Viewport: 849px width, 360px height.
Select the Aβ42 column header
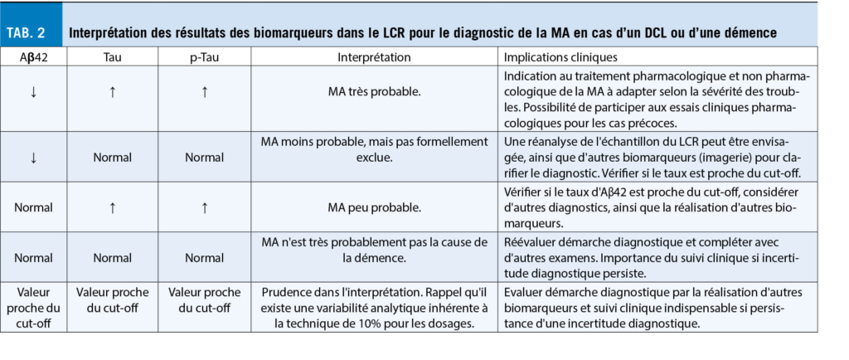pos(33,58)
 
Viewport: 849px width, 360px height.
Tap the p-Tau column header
pos(205,58)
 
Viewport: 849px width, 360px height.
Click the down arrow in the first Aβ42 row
pos(33,91)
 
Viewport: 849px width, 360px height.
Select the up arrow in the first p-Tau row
pos(205,91)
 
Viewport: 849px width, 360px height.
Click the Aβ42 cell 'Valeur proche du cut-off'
pos(33,308)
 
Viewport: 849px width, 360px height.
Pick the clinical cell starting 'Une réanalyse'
pos(655,155)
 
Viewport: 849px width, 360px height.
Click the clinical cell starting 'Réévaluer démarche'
pos(655,258)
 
